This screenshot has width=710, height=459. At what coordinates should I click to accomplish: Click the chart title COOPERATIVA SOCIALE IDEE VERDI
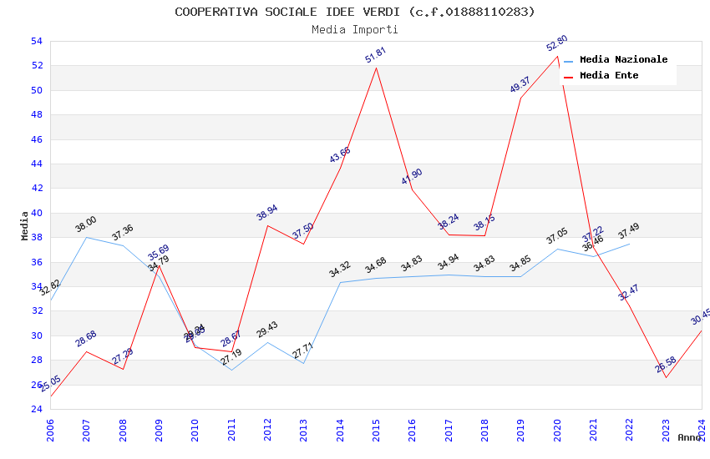pos(354,12)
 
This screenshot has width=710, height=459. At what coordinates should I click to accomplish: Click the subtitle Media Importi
pos(354,29)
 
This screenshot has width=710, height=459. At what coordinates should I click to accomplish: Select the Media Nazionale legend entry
pos(623,60)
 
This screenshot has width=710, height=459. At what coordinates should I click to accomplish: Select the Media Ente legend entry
pos(609,76)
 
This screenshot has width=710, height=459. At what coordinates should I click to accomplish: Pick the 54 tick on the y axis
pos(36,42)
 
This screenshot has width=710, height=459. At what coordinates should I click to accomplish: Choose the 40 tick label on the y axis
pos(36,213)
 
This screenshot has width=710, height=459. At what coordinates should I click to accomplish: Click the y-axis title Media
pos(25,225)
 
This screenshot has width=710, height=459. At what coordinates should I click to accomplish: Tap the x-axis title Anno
pos(689,437)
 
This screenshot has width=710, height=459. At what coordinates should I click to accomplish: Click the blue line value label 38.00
pos(86,224)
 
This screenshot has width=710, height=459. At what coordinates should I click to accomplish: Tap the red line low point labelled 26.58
pos(666,365)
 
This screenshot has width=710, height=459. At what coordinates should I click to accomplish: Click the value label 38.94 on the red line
pos(267,213)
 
